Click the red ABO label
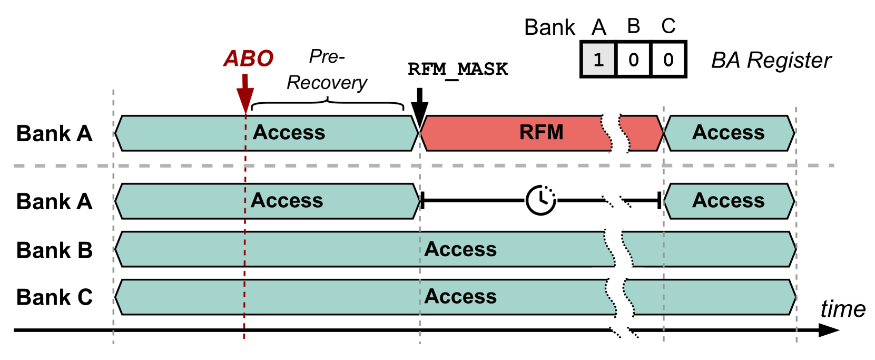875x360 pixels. click(248, 58)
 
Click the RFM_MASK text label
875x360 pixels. click(458, 69)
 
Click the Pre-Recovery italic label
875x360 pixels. click(327, 70)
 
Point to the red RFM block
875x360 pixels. click(541, 133)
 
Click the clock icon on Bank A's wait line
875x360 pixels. click(541, 200)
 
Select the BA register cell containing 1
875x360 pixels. click(598, 60)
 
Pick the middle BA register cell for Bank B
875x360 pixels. click(633, 60)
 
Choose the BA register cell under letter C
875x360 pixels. click(668, 60)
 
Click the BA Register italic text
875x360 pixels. click(771, 61)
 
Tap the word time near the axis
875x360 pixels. click(843, 309)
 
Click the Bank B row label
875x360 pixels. click(54, 250)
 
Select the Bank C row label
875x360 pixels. click(54, 297)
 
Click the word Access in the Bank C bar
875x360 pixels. click(460, 297)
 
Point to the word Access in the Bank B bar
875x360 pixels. click(460, 249)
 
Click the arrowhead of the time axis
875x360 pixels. click(829, 330)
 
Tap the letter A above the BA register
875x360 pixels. click(599, 27)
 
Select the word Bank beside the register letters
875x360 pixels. click(549, 27)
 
